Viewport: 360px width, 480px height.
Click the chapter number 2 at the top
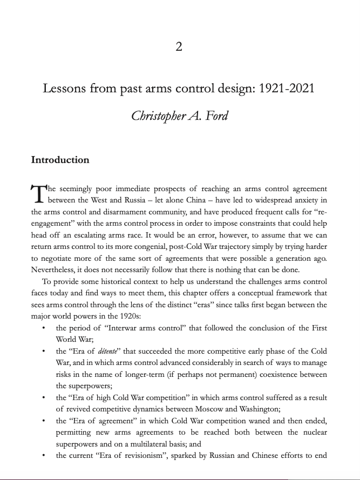(179, 47)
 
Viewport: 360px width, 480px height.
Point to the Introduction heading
(60, 160)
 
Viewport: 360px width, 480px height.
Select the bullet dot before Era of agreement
(43, 421)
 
